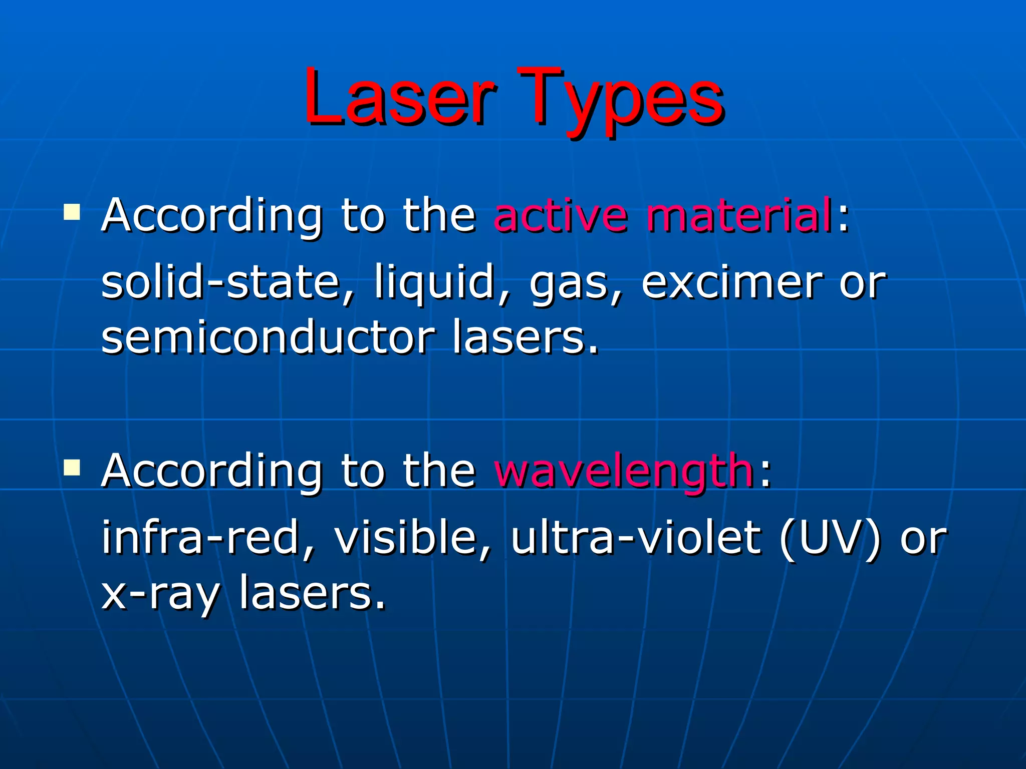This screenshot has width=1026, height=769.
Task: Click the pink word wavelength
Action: (x=624, y=472)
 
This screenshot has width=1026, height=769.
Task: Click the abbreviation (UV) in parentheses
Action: (x=830, y=538)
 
